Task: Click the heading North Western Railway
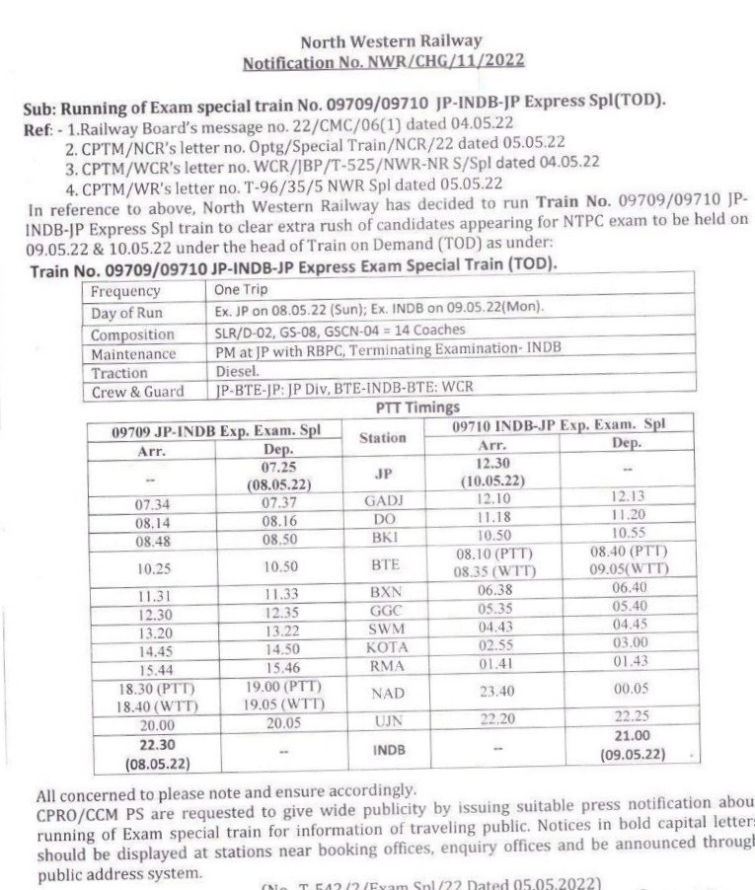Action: pyautogui.click(x=391, y=41)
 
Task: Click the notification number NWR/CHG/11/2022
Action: pyautogui.click(x=384, y=61)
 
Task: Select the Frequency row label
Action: pyautogui.click(x=125, y=292)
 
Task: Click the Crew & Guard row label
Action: pyautogui.click(x=137, y=392)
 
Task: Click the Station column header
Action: pyautogui.click(x=382, y=436)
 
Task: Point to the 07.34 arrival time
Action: pyautogui.click(x=146, y=504)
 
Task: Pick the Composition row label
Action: pyautogui.click(x=132, y=334)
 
